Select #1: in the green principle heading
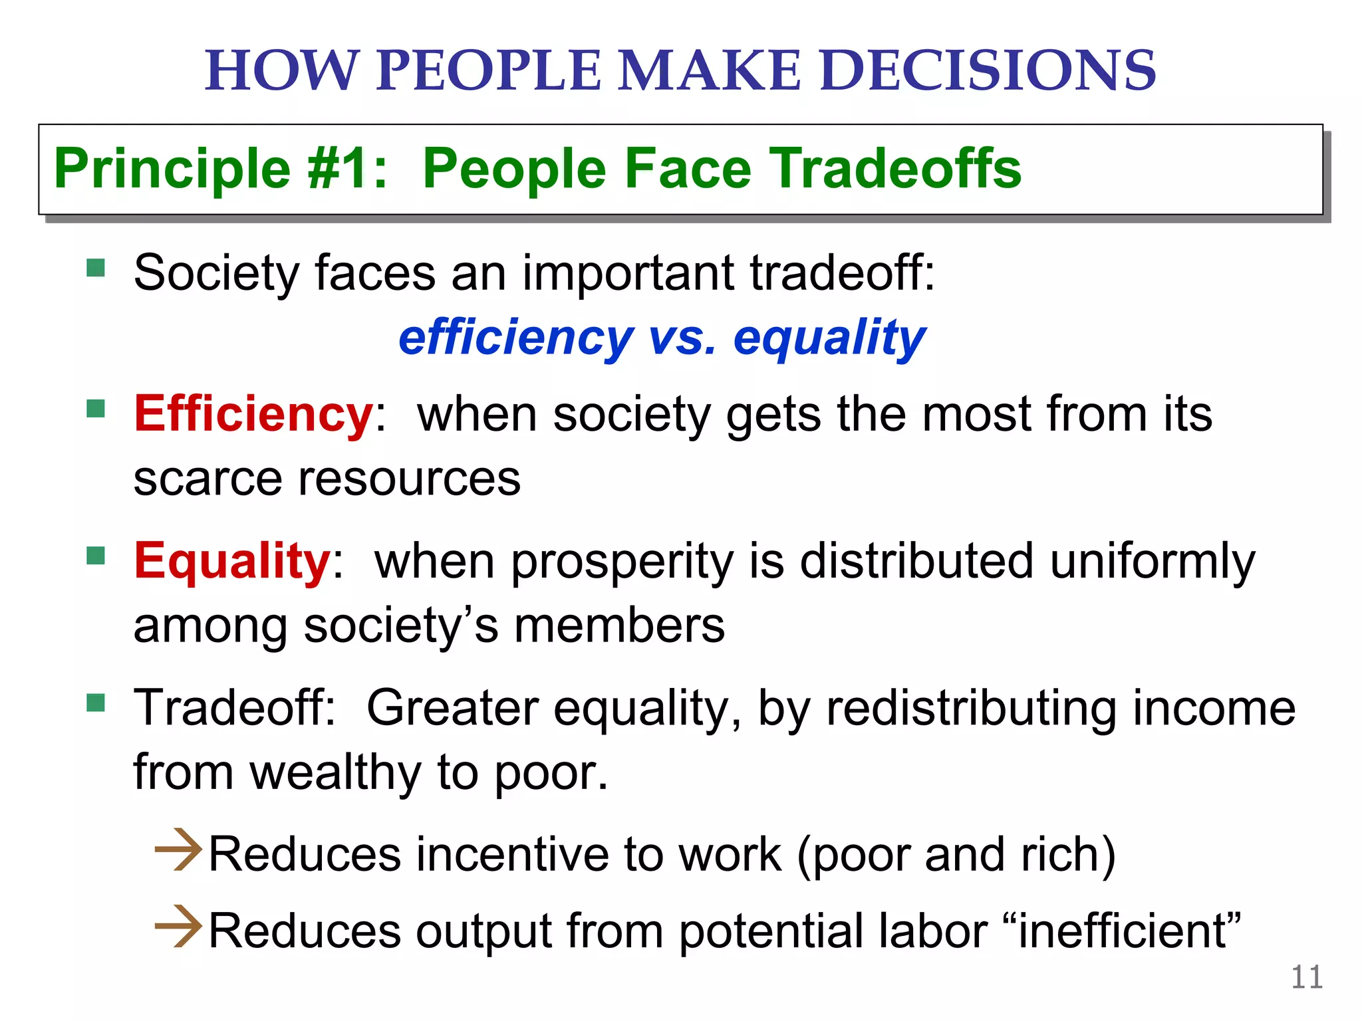click(x=346, y=169)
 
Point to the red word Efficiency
click(x=253, y=414)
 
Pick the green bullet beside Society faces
click(x=96, y=268)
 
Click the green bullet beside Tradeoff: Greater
click(x=96, y=703)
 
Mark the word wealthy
click(x=335, y=773)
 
